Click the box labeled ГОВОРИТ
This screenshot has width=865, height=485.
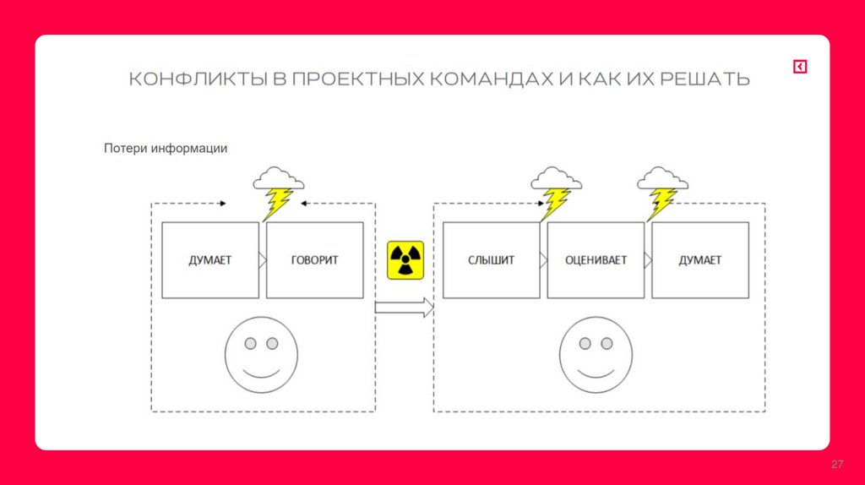315,260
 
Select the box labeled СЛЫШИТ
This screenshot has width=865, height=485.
491,260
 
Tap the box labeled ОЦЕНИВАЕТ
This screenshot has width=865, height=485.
596,260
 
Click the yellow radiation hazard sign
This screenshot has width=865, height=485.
405,259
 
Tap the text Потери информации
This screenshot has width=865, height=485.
166,149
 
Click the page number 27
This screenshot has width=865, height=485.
838,465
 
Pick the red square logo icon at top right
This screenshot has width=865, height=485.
799,67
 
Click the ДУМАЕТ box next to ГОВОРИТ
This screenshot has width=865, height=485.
209,260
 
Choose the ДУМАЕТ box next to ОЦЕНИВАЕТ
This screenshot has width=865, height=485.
700,260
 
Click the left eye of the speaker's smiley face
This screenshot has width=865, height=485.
251,344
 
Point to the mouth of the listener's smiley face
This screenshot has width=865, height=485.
596,373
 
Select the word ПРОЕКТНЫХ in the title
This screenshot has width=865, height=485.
359,80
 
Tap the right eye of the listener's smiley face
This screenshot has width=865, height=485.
607,344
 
